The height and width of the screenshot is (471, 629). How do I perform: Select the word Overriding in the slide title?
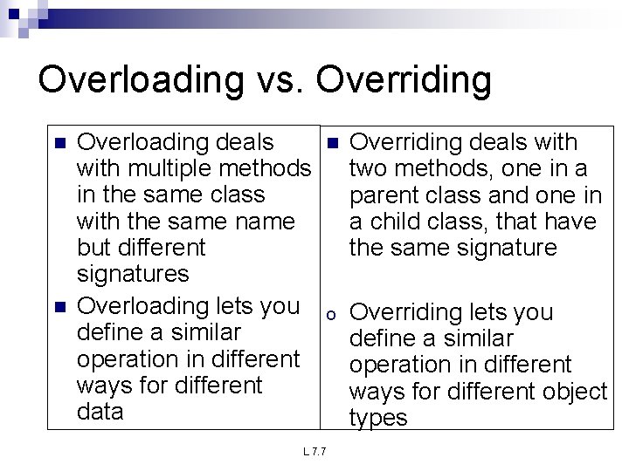404,80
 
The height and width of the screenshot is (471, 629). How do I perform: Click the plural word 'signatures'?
133,274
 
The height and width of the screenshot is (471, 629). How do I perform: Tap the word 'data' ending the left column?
100,411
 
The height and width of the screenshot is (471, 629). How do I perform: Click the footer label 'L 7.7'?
314,452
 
